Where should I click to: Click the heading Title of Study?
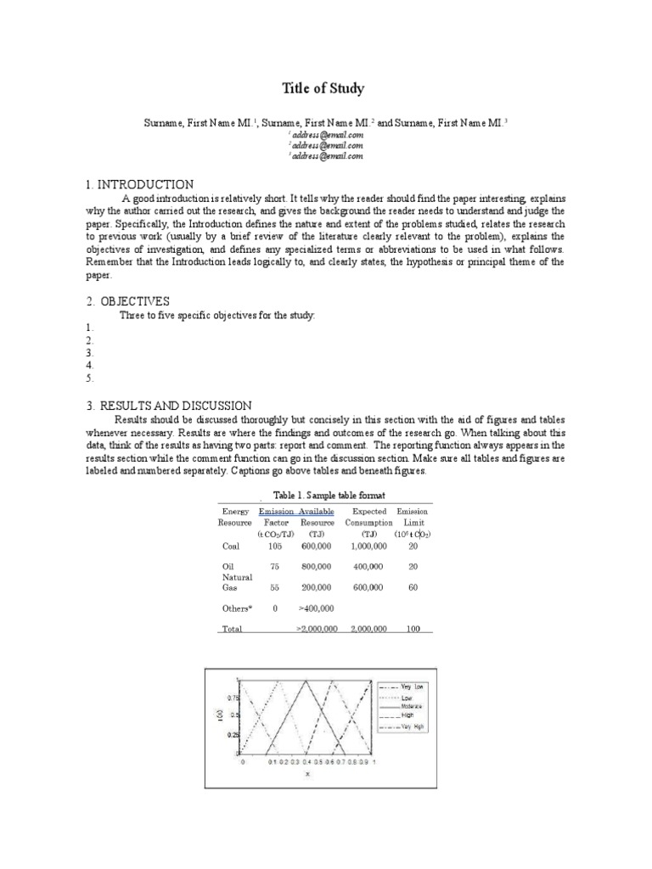pyautogui.click(x=324, y=88)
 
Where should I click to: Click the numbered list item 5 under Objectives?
pyautogui.click(x=89, y=378)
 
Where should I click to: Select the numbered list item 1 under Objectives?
pyautogui.click(x=89, y=327)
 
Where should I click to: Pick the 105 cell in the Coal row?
pyautogui.click(x=276, y=547)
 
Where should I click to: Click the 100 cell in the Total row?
pyautogui.click(x=413, y=629)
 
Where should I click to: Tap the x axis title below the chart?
pyautogui.click(x=307, y=773)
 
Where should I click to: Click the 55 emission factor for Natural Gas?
pyautogui.click(x=276, y=586)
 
